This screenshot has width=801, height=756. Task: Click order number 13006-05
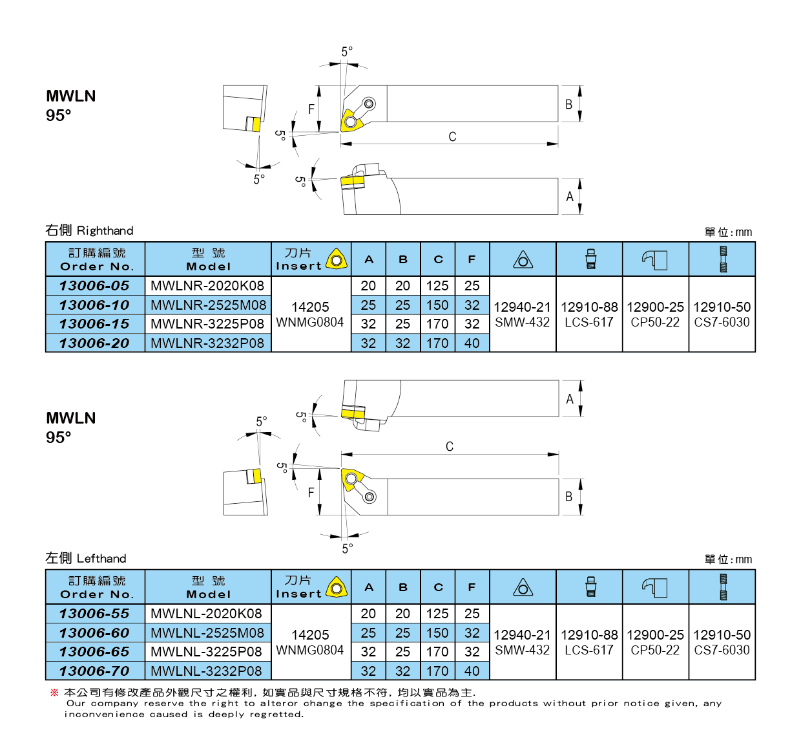(x=94, y=286)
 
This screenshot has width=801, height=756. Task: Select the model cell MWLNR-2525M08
(x=208, y=305)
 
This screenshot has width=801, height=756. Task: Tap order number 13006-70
(x=94, y=671)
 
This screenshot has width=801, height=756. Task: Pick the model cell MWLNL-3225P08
(x=207, y=652)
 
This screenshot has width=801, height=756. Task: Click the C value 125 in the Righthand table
(x=437, y=286)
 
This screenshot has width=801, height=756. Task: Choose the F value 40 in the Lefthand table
(x=472, y=671)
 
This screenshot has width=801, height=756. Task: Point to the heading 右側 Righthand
(x=89, y=231)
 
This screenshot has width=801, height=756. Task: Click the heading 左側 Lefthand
(x=86, y=558)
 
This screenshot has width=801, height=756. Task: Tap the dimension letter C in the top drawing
(x=452, y=136)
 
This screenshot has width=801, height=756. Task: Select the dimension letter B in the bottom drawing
(x=569, y=497)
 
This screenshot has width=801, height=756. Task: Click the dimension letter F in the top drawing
(x=311, y=109)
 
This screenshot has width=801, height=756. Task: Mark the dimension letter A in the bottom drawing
(x=570, y=399)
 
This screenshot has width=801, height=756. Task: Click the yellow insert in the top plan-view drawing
(x=351, y=121)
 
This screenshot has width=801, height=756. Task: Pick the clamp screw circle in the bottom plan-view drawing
(x=369, y=497)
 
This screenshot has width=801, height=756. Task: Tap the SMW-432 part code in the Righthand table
(x=522, y=322)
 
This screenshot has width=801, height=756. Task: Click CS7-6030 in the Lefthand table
(x=722, y=650)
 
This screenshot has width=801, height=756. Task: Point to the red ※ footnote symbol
(x=54, y=693)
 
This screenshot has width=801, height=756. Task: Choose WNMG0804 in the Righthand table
(x=310, y=322)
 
